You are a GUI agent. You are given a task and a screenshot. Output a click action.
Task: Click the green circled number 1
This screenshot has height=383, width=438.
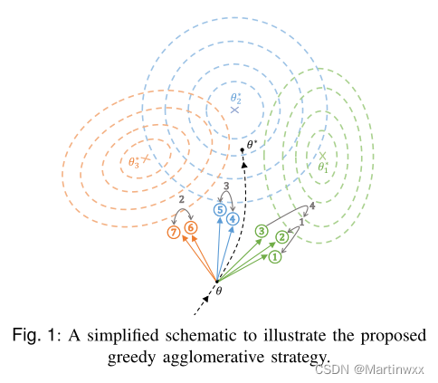pyautogui.click(x=275, y=257)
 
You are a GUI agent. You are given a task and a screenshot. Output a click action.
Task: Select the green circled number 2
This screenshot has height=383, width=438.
pyautogui.click(x=282, y=238)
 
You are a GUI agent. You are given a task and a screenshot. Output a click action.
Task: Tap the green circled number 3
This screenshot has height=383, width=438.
pyautogui.click(x=261, y=232)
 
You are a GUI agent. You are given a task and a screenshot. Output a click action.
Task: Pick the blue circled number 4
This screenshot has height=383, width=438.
pyautogui.click(x=233, y=218)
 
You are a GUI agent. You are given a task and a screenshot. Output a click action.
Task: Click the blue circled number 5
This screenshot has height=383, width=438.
pyautogui.click(x=218, y=209)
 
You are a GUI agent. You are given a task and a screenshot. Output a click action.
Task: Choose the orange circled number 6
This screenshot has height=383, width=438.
pyautogui.click(x=191, y=227)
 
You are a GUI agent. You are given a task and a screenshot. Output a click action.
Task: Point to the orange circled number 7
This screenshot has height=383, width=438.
pyautogui.click(x=175, y=233)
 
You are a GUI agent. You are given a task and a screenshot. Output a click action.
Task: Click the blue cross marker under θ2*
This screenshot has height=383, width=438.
pyautogui.click(x=234, y=109)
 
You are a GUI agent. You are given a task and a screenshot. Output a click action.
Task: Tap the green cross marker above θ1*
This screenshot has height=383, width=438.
pyautogui.click(x=322, y=154)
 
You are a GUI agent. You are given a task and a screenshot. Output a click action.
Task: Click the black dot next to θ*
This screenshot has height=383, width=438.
pyautogui.click(x=242, y=149)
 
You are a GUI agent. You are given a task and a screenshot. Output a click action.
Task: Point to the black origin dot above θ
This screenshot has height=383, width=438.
pyautogui.click(x=216, y=282)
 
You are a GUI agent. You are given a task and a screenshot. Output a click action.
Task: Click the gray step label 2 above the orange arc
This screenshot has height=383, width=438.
pyautogui.click(x=182, y=199)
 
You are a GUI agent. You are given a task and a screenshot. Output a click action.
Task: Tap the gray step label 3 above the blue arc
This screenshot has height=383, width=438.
pyautogui.click(x=225, y=187)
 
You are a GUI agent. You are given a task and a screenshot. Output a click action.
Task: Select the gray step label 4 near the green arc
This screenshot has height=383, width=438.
pyautogui.click(x=311, y=207)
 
